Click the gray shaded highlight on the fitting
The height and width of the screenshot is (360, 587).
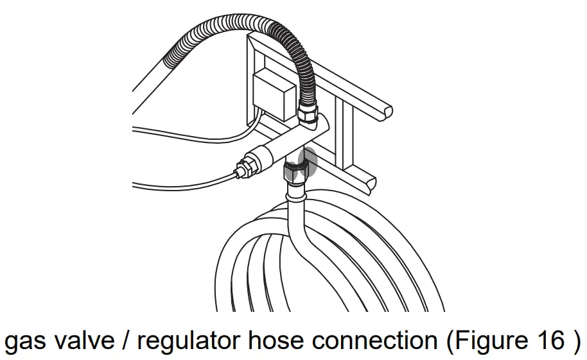(308, 161)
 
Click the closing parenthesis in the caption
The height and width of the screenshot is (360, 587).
(575, 340)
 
